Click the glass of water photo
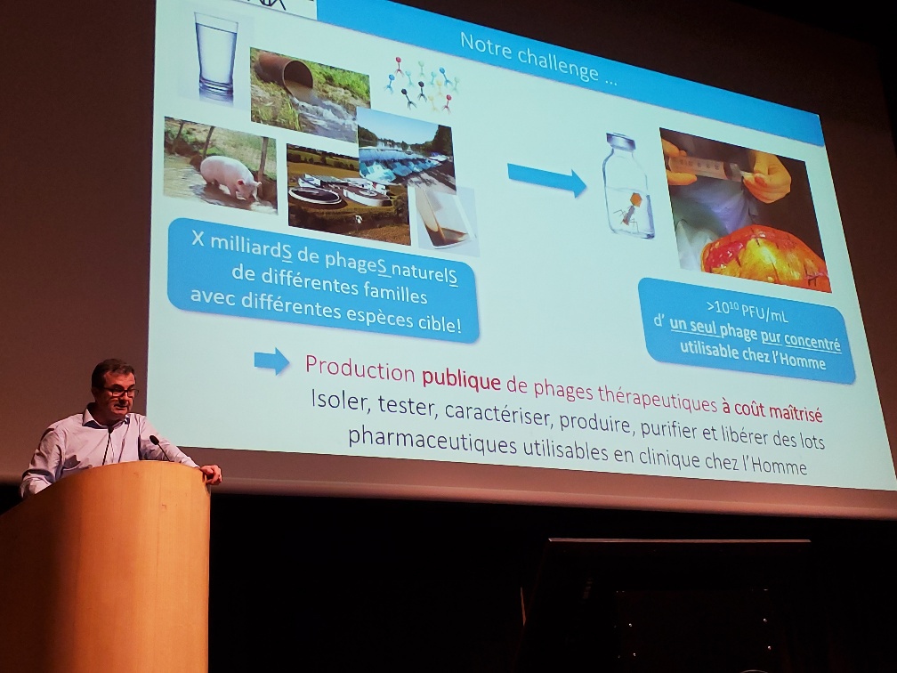[215, 54]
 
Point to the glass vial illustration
[628, 188]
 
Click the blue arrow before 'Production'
[271, 360]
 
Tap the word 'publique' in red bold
[461, 380]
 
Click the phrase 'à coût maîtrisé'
[772, 412]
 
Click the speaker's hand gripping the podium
[210, 474]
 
